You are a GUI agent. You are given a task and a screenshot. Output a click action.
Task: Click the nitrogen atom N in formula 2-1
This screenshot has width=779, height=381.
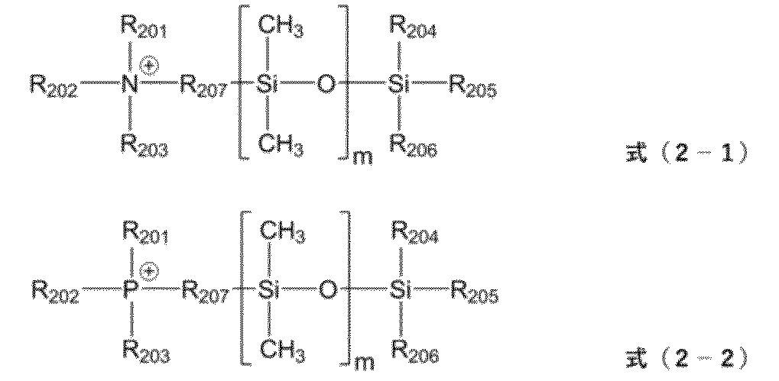pyautogui.click(x=131, y=85)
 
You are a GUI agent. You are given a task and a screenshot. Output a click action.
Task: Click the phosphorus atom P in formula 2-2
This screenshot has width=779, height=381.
pyautogui.click(x=131, y=289)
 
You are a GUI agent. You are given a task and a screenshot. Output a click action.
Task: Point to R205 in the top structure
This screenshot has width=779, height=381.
pyautogui.click(x=472, y=88)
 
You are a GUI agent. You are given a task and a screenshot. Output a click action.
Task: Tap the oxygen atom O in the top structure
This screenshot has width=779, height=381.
pyautogui.click(x=326, y=86)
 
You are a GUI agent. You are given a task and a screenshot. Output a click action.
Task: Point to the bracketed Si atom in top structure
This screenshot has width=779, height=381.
pyautogui.click(x=266, y=86)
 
